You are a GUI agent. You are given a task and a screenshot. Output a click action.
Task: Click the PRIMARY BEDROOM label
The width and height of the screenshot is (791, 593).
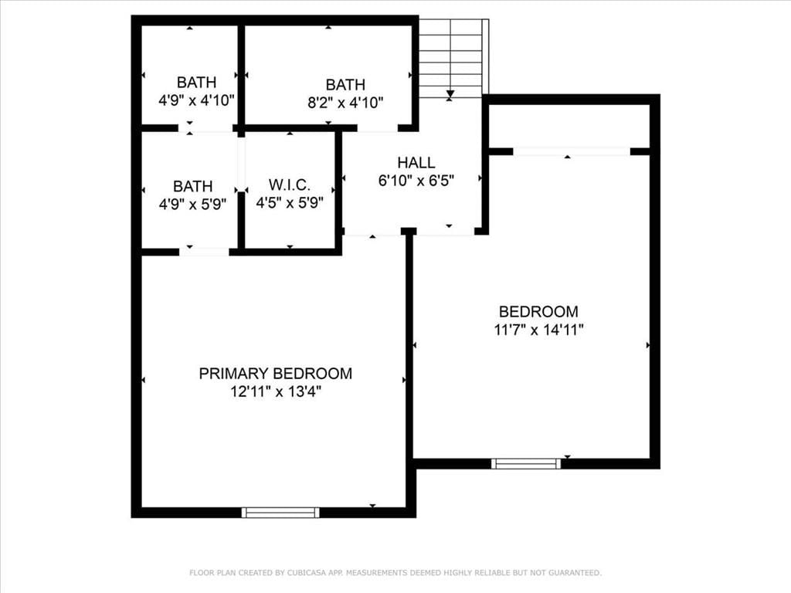pos(276,373)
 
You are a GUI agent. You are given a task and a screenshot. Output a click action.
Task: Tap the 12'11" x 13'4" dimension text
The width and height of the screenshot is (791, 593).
pos(276,391)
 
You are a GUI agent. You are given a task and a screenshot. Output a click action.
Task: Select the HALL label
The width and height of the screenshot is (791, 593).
pos(416,162)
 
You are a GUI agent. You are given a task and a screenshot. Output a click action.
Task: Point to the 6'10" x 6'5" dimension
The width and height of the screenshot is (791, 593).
pos(416,180)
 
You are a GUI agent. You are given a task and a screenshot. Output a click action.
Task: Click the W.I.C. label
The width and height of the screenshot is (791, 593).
pos(290,185)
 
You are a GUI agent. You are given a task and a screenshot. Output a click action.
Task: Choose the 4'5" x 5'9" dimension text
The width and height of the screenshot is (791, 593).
pos(290,203)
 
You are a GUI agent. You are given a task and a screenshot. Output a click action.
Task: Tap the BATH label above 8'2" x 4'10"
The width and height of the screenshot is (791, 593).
pos(345,85)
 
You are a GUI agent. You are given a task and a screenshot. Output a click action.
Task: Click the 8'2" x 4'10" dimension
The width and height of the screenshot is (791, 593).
pos(345,103)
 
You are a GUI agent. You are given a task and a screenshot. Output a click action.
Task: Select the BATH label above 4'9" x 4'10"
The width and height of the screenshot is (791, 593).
pos(196,82)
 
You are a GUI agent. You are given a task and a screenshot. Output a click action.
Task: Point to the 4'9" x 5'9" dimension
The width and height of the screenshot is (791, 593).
pos(192,204)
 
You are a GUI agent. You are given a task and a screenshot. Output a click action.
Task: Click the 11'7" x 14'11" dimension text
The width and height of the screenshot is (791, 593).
pos(538,330)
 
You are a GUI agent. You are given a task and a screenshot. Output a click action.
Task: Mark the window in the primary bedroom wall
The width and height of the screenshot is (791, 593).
pos(280,513)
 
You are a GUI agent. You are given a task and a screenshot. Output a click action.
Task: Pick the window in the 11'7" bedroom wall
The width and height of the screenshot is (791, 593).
pos(526,464)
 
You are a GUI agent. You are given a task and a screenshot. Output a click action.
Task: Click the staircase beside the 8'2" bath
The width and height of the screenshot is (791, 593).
pos(453,59)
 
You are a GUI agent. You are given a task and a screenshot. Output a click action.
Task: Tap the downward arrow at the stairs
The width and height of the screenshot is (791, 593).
pos(450,94)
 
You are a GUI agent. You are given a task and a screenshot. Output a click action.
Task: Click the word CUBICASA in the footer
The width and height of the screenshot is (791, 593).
pos(308,573)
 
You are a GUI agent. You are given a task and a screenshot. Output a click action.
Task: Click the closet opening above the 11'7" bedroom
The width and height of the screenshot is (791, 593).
pos(572,151)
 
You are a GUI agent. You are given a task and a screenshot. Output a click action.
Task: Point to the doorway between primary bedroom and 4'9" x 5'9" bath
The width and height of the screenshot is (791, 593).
pos(204,252)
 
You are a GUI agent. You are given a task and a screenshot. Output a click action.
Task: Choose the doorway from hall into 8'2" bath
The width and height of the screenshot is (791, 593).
pos(378,128)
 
